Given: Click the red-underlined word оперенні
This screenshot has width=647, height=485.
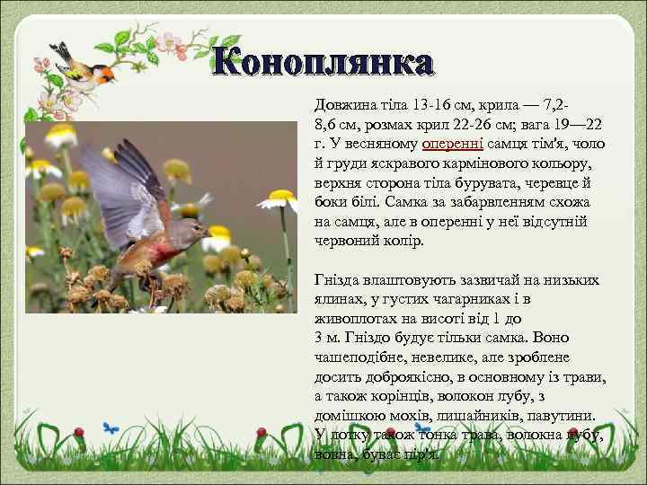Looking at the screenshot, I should [x=454, y=144].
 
